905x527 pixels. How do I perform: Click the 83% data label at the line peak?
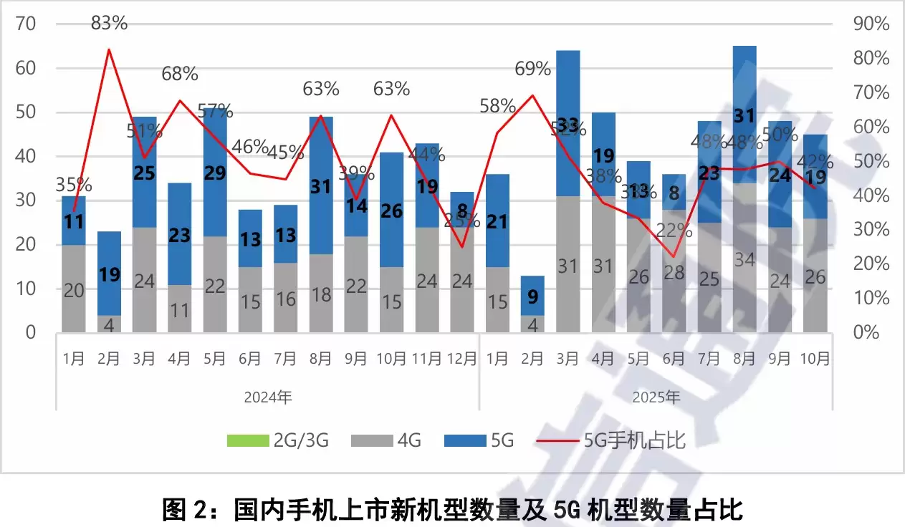109,23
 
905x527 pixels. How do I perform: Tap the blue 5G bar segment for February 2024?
109,272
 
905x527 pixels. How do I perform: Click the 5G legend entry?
479,440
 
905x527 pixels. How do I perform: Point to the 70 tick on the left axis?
25,24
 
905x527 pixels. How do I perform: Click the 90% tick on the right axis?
871,24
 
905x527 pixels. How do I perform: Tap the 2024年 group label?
267,397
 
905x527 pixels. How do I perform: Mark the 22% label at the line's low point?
674,231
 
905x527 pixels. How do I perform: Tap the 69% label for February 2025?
532,69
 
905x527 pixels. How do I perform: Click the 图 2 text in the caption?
188,510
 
